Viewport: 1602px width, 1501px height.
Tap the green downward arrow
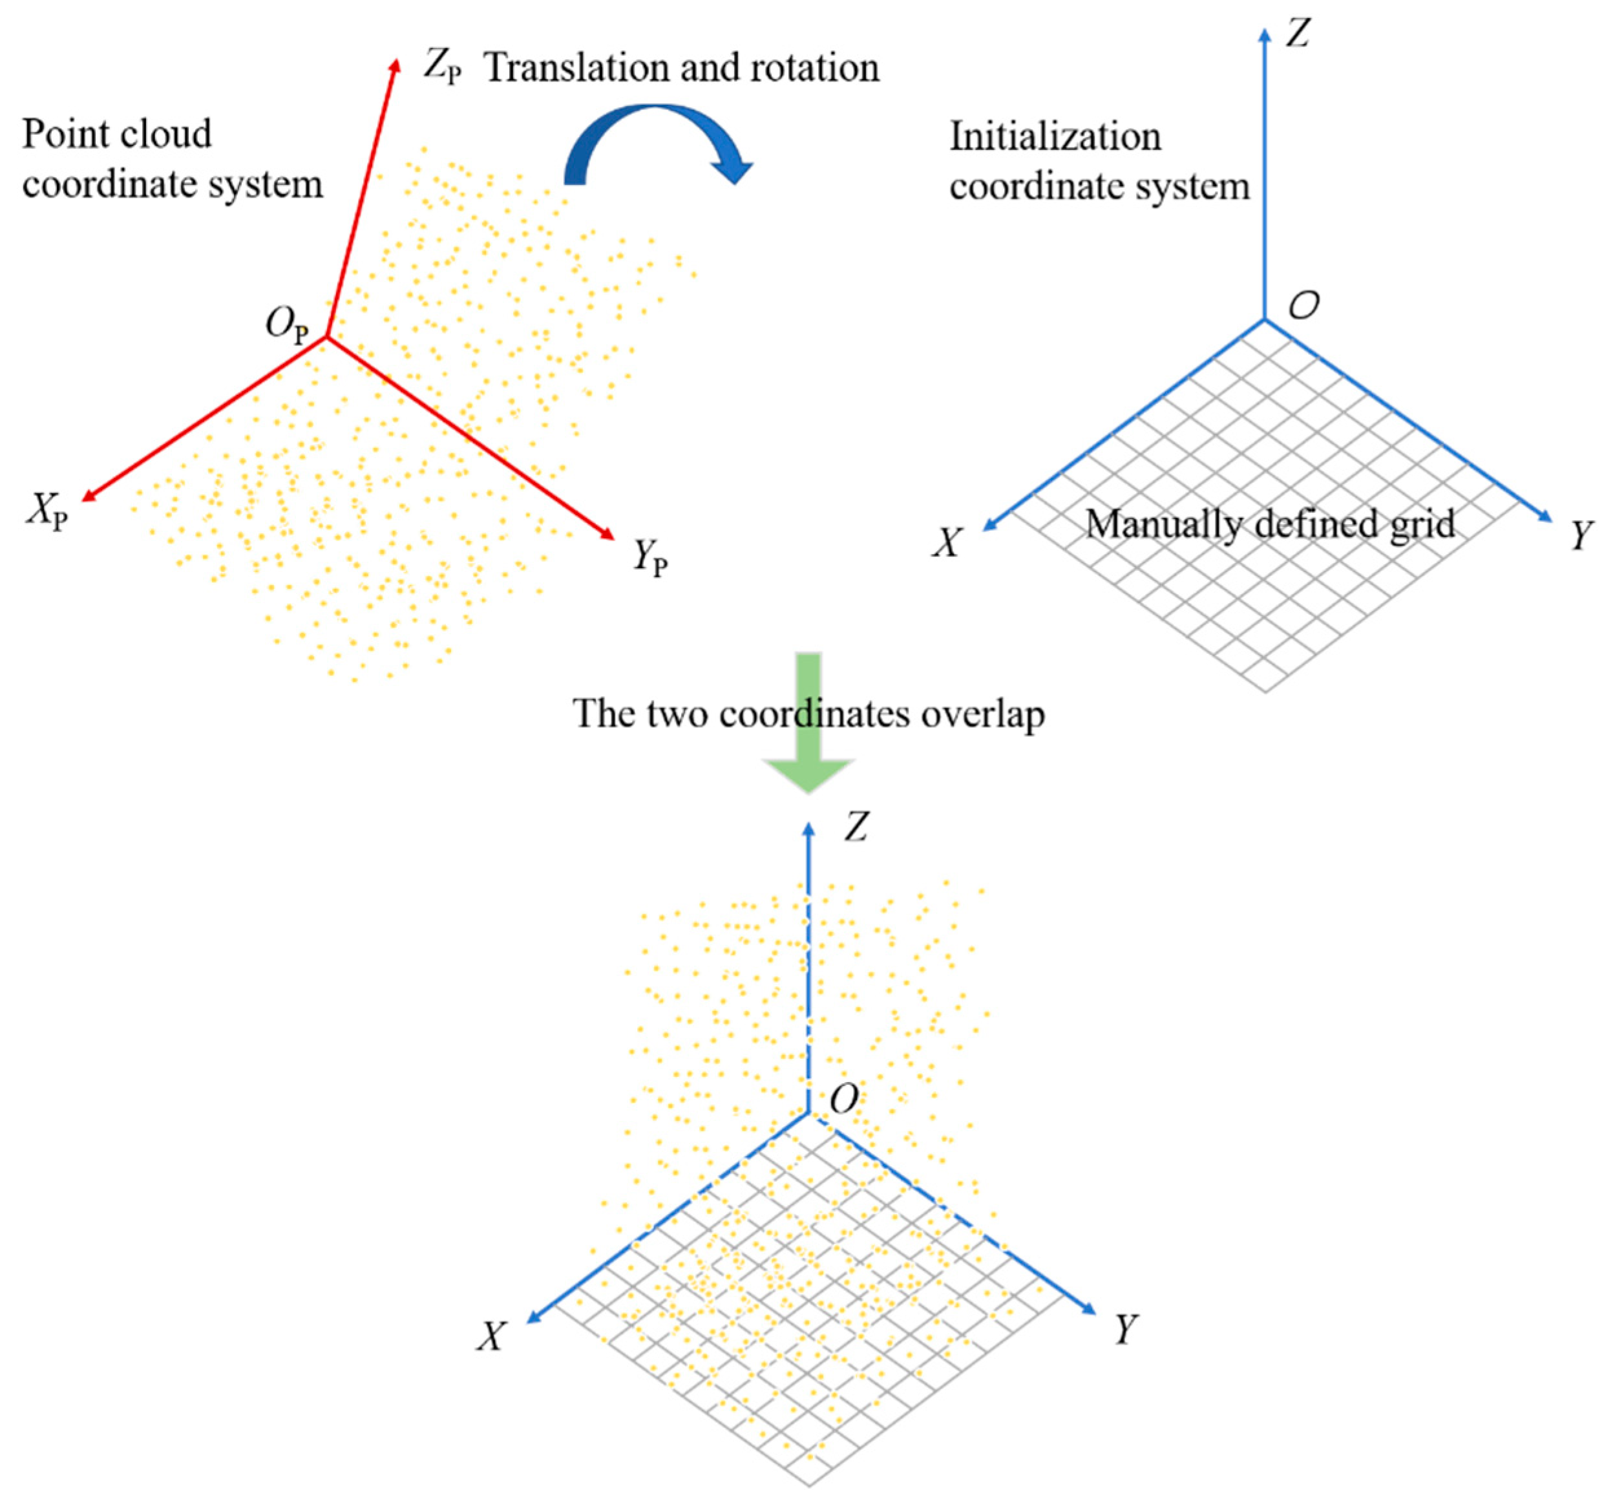(808, 725)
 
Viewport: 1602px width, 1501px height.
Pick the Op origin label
(287, 326)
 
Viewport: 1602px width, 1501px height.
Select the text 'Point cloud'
(117, 134)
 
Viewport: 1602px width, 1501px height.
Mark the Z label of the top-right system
(1298, 34)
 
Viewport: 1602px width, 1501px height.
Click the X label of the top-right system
(947, 542)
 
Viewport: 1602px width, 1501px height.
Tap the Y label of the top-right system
(1582, 535)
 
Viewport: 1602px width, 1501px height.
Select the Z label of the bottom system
(857, 827)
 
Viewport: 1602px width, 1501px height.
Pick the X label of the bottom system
(490, 1337)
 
